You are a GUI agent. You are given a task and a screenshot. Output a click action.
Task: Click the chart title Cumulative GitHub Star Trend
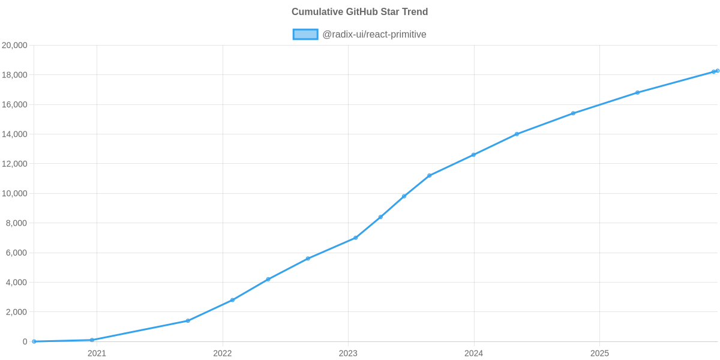coord(359,12)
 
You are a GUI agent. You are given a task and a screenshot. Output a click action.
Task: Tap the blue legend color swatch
coord(305,34)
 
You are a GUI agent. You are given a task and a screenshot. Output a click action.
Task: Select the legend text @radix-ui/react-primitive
coord(374,34)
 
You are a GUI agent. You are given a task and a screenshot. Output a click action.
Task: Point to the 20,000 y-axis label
coord(15,46)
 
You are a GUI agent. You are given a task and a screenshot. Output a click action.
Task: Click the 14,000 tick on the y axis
coord(15,134)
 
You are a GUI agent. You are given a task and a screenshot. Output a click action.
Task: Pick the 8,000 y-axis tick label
coord(17,223)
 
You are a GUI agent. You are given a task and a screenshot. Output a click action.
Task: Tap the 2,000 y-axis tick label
coord(17,312)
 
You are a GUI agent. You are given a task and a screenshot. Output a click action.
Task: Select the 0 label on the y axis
coord(25,341)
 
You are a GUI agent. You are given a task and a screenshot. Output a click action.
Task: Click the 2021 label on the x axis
coord(97,353)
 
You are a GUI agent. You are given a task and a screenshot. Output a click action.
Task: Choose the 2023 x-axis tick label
coord(348,353)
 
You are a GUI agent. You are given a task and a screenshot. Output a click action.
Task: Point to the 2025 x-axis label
coord(599,353)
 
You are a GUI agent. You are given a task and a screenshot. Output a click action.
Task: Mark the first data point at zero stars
coord(34,341)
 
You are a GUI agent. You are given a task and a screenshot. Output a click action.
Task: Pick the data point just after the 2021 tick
coord(92,340)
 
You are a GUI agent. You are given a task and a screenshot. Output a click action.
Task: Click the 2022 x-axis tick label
coord(222,353)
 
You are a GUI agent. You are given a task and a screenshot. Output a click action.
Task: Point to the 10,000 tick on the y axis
coord(15,194)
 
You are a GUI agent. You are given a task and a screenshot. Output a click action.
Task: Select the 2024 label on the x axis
coord(473,353)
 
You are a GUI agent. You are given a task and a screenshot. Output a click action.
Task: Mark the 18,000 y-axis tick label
coord(15,75)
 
